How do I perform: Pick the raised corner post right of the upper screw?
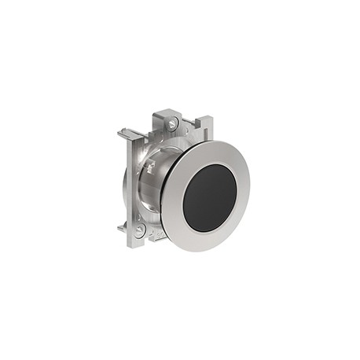click(x=201, y=124)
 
